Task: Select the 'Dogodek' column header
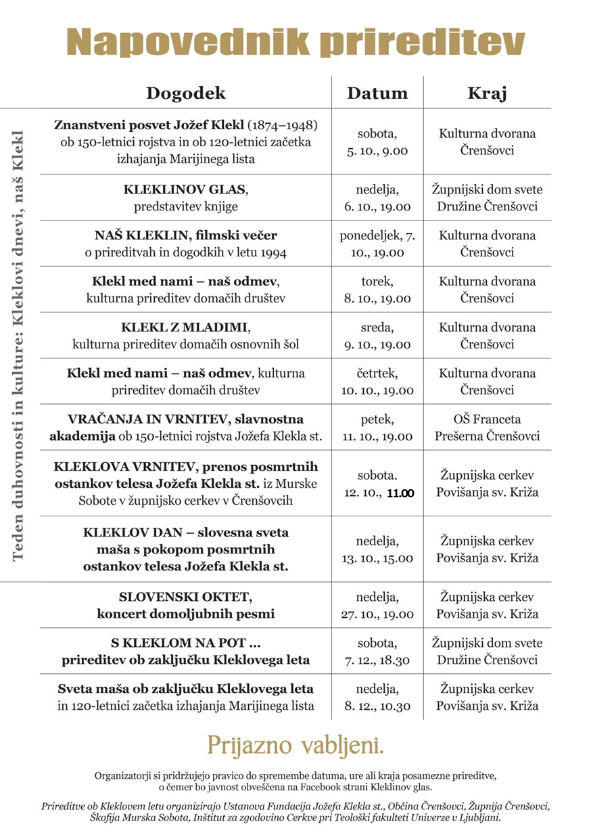click(186, 93)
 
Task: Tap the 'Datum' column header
click(377, 93)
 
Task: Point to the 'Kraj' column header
click(487, 93)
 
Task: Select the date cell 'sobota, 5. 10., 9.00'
click(377, 142)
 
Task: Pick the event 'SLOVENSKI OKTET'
click(185, 597)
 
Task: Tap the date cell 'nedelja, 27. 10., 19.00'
click(377, 606)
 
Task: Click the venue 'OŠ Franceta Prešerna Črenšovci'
click(487, 428)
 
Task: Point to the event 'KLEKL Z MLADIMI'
click(185, 327)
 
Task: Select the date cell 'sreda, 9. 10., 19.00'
click(377, 336)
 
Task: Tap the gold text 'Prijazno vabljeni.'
click(295, 744)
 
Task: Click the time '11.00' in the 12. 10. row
click(400, 493)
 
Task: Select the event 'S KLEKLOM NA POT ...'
click(185, 643)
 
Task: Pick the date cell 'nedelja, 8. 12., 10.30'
click(377, 697)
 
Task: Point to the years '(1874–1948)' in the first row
click(282, 125)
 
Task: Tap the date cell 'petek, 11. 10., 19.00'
click(377, 428)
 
